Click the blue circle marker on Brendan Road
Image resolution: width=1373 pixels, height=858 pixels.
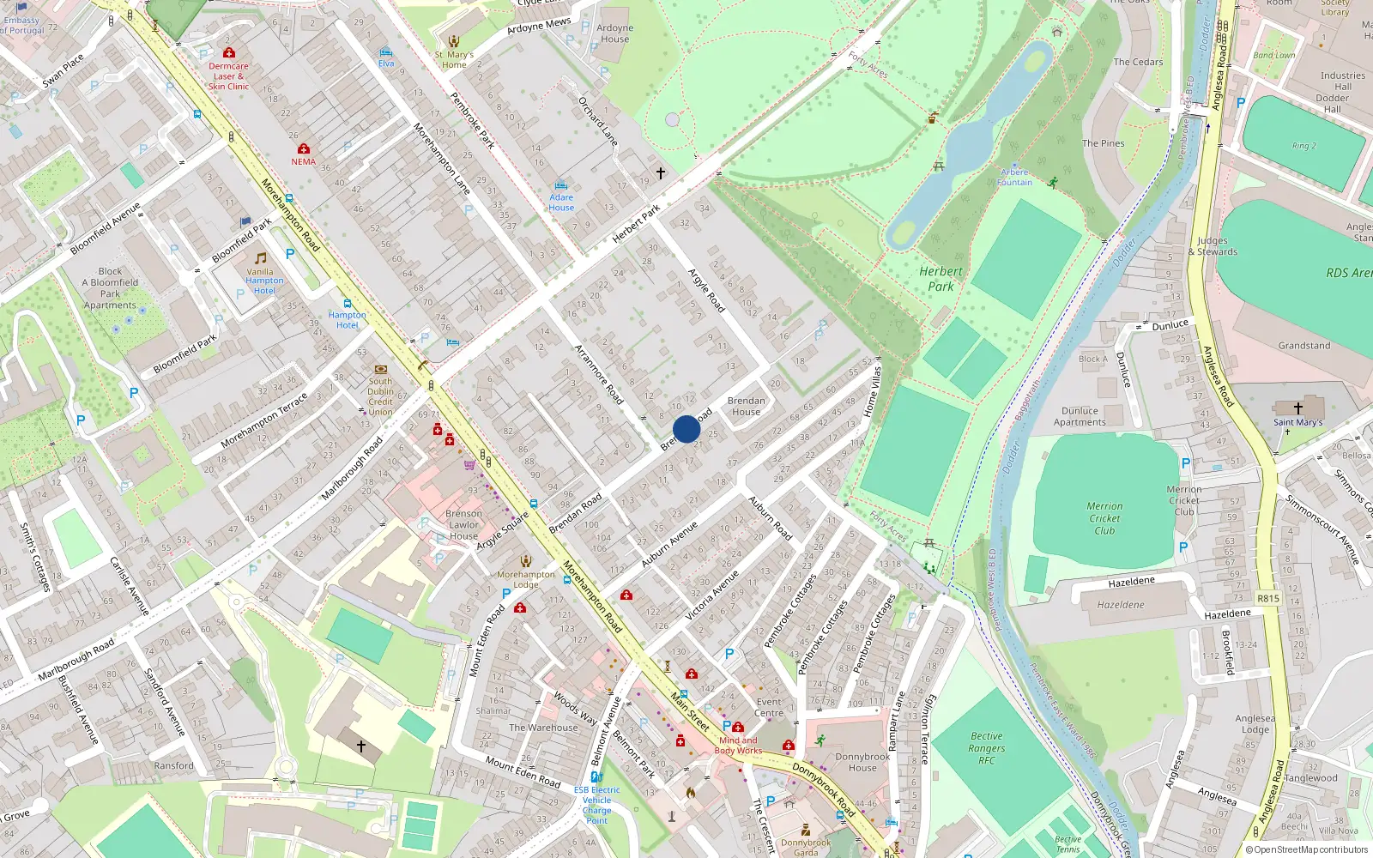tap(686, 429)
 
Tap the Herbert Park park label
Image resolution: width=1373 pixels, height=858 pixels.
tap(941, 279)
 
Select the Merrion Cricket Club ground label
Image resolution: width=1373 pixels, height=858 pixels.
tap(1104, 518)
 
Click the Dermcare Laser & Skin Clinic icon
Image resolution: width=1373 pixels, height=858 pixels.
tap(228, 52)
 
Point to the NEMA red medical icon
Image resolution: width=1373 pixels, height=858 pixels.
tap(303, 149)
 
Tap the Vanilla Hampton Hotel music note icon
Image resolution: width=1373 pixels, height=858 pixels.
tap(261, 258)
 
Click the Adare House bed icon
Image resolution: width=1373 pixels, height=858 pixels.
tap(561, 185)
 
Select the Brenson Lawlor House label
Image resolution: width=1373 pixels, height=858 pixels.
tap(463, 525)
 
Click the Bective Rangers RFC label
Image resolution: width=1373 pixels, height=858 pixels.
tap(987, 748)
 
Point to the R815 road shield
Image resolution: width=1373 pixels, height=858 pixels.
tap(1267, 598)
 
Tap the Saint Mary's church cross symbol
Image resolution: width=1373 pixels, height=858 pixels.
tap(1297, 408)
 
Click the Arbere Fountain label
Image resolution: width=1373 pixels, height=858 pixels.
tap(1014, 178)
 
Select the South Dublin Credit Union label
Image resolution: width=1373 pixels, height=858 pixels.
tap(380, 396)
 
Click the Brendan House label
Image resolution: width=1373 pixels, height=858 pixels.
tap(746, 406)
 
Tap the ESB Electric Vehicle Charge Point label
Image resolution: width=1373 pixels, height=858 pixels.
tap(596, 805)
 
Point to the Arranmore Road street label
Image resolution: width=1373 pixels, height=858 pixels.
tap(598, 374)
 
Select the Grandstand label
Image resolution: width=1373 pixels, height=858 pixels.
tap(1303, 346)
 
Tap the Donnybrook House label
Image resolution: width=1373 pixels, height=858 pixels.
tap(862, 762)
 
